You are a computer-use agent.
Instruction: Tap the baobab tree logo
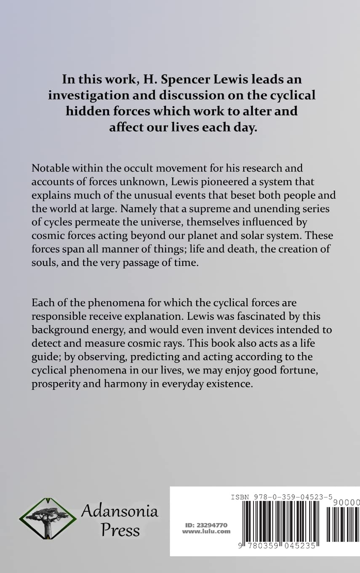48,518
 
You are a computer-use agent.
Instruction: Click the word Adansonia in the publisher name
120,511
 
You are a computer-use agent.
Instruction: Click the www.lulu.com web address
206,531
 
